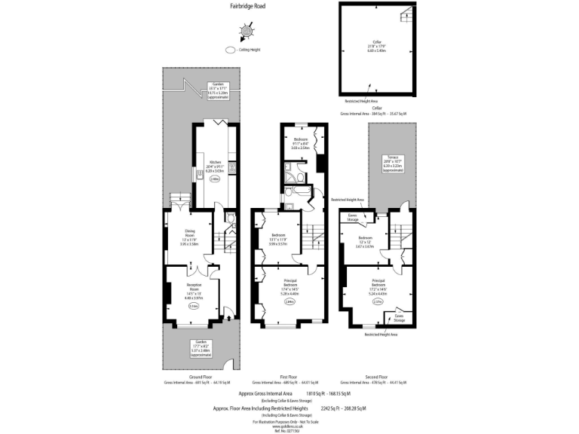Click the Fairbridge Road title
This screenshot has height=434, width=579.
pos(247,6)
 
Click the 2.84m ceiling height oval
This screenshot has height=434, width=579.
pos(289,302)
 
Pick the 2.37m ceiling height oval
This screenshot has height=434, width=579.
pos(378,304)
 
